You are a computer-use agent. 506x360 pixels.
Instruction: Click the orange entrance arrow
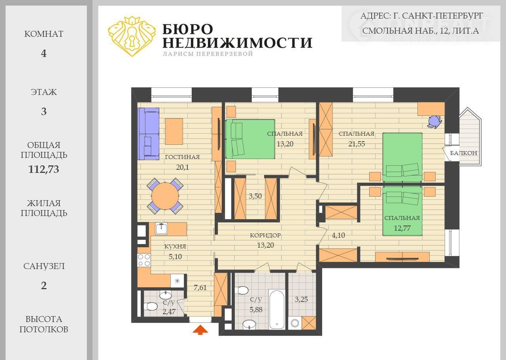click(x=200, y=330)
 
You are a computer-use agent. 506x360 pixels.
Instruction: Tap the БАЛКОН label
click(x=464, y=153)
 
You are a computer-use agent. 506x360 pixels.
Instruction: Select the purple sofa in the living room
click(x=148, y=134)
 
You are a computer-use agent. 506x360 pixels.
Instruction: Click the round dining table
click(x=165, y=196)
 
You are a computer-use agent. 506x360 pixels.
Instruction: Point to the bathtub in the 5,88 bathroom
click(x=277, y=310)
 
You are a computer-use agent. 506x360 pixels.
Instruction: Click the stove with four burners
click(x=144, y=260)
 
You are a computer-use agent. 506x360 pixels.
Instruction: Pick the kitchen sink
click(x=161, y=228)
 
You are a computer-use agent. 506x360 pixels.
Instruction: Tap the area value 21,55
click(x=357, y=144)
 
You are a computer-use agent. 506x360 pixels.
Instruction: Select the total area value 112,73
click(x=43, y=169)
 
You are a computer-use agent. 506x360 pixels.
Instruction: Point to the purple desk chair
click(x=434, y=121)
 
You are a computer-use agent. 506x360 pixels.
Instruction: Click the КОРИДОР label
click(x=265, y=235)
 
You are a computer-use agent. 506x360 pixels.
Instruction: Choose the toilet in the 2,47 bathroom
click(x=151, y=307)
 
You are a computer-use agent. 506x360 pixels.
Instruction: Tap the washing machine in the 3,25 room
click(x=295, y=323)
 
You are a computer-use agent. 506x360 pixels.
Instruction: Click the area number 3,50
click(x=255, y=196)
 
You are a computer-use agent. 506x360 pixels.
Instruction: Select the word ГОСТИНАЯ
click(x=182, y=157)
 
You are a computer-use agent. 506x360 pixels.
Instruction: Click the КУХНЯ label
click(x=175, y=246)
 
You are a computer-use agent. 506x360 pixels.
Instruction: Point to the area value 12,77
click(x=402, y=228)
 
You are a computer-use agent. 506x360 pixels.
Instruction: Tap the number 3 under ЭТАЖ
click(x=44, y=112)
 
